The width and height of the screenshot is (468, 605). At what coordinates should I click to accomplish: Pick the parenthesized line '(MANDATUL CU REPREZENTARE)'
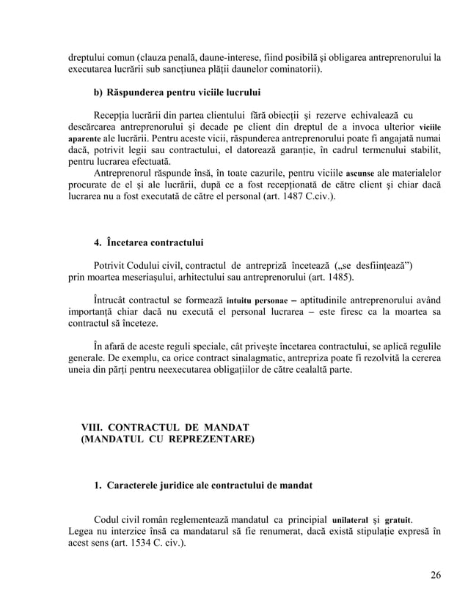(169, 439)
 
